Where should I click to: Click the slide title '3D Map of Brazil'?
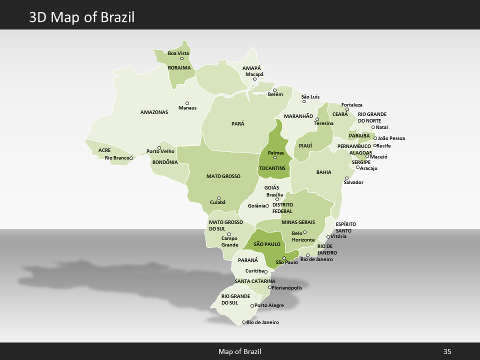pyautogui.click(x=81, y=17)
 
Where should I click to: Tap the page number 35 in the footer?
pyautogui.click(x=447, y=351)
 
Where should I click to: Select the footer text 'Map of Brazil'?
pyautogui.click(x=239, y=351)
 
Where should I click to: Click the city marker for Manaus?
pyautogui.click(x=187, y=103)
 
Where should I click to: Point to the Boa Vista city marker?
pyautogui.click(x=182, y=58)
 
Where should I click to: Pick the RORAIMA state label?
pyautogui.click(x=179, y=67)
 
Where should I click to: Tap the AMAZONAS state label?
pyautogui.click(x=154, y=112)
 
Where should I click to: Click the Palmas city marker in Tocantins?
pyautogui.click(x=275, y=158)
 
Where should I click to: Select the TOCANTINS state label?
pyautogui.click(x=272, y=168)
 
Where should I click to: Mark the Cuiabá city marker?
pyautogui.click(x=218, y=198)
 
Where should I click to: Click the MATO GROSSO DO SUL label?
pyautogui.click(x=225, y=225)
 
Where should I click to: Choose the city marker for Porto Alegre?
pyautogui.click(x=252, y=305)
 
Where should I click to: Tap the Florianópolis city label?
pyautogui.click(x=286, y=287)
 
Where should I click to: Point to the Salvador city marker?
pyautogui.click(x=346, y=178)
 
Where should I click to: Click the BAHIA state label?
pyautogui.click(x=323, y=172)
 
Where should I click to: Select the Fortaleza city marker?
pyautogui.click(x=347, y=109)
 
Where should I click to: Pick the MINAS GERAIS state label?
pyautogui.click(x=298, y=222)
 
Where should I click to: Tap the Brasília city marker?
pyautogui.click(x=277, y=199)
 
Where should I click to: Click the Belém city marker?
pyautogui.click(x=274, y=90)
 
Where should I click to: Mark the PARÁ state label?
pyautogui.click(x=238, y=123)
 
